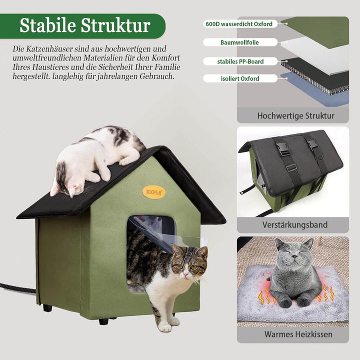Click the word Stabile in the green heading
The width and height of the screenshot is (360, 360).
[x=48, y=25]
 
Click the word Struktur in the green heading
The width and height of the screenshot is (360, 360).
[x=115, y=25]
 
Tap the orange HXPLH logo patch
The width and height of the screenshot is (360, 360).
[x=153, y=192]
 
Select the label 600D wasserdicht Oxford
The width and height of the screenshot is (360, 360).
[x=239, y=24]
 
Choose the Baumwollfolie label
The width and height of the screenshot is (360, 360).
[x=239, y=42]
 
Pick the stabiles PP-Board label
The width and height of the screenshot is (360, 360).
[x=240, y=61]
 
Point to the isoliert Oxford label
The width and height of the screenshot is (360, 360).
[x=240, y=78]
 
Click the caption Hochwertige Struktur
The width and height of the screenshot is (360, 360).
[x=295, y=115]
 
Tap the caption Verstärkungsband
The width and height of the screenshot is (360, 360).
[x=295, y=224]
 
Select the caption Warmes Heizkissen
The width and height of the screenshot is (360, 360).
[x=298, y=334]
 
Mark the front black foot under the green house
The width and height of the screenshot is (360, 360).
[x=103, y=321]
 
